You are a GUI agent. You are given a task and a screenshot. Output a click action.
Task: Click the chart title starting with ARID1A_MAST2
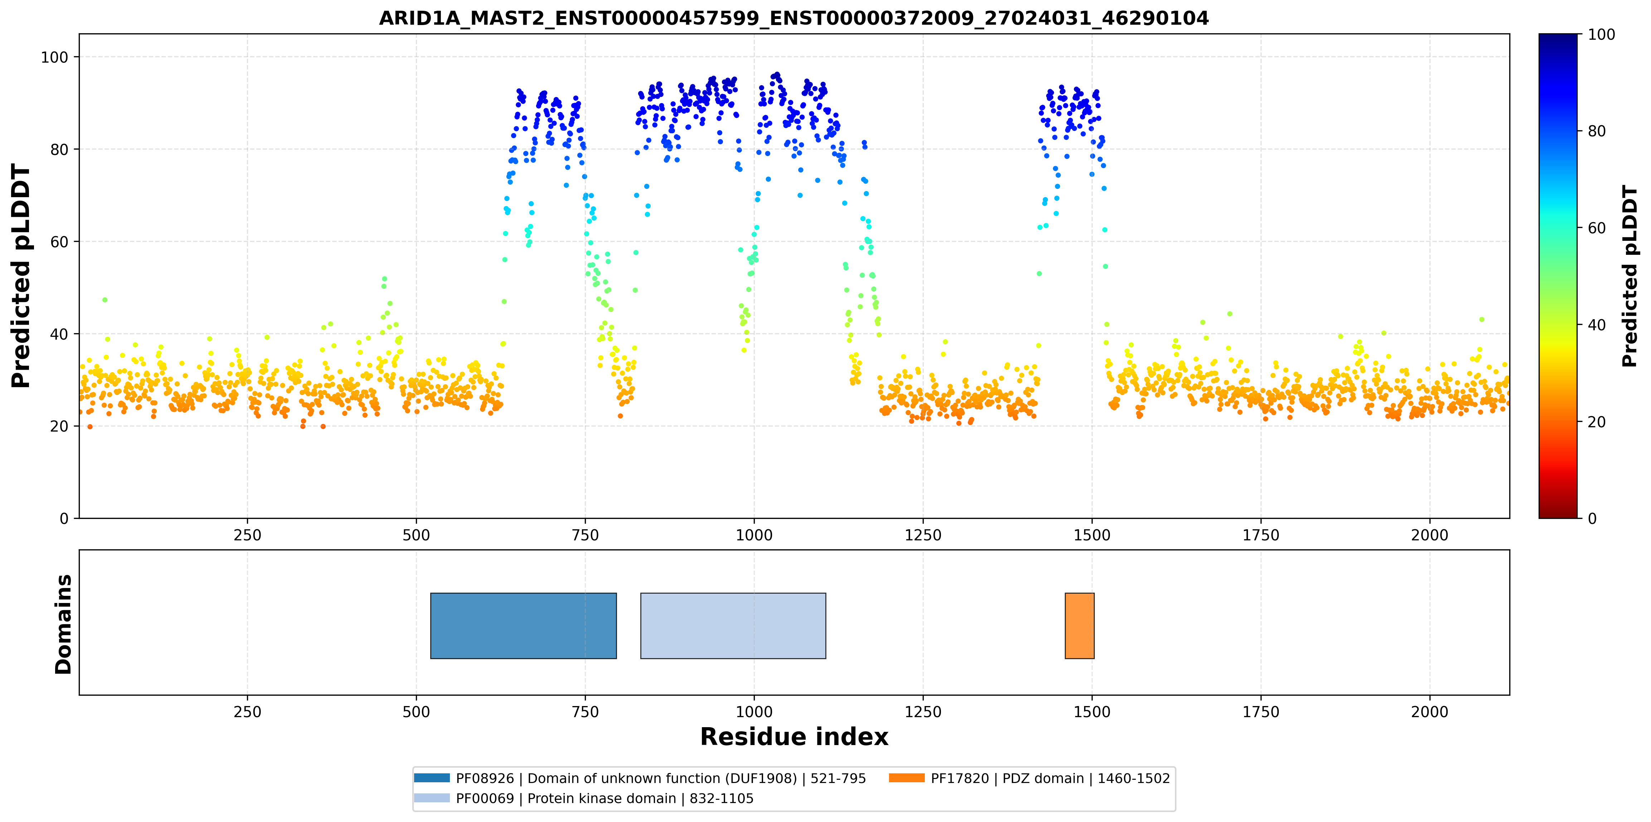point(793,18)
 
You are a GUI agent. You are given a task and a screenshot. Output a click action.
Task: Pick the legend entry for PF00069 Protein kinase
point(583,798)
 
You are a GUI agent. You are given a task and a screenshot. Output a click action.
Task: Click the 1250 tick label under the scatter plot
point(923,535)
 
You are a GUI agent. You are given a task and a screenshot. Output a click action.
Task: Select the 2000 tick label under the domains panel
point(1430,712)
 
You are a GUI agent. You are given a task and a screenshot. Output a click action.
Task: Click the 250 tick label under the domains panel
point(247,712)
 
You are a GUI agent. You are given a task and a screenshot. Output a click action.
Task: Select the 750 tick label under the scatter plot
point(585,535)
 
